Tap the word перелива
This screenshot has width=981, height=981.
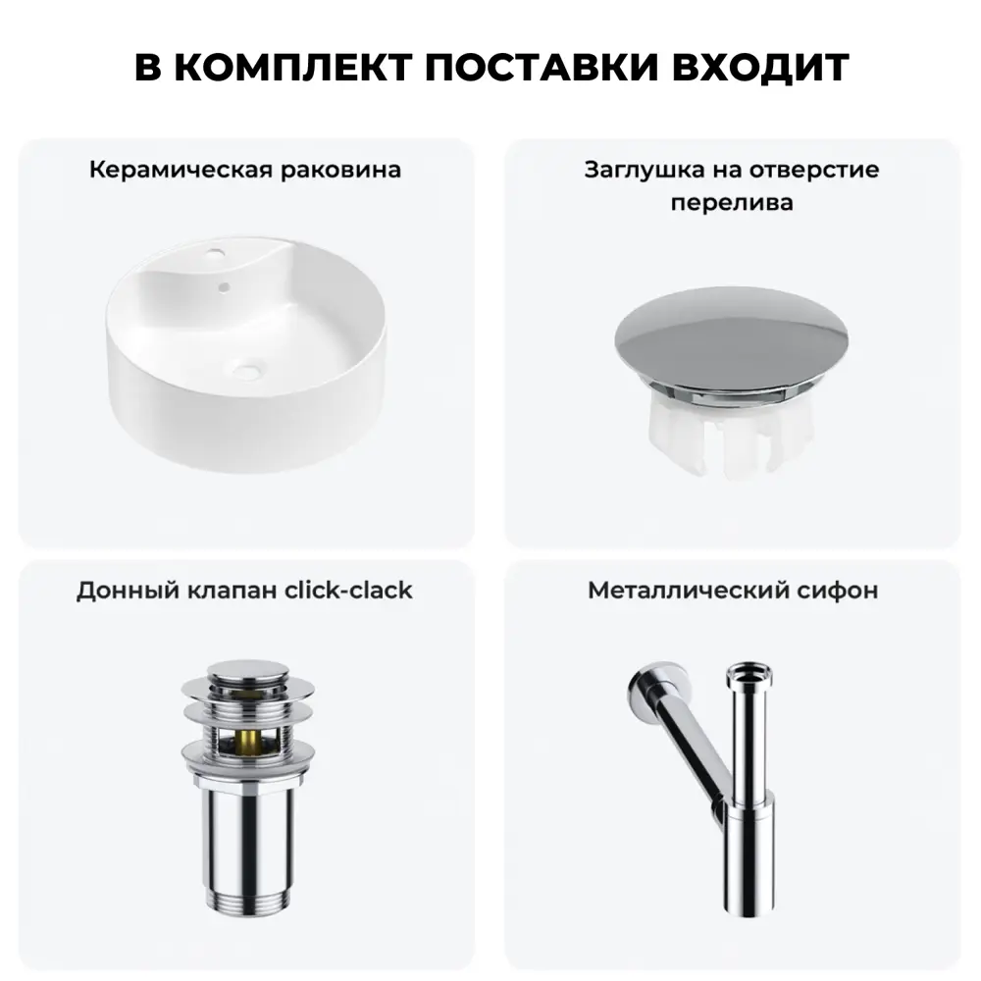pyautogui.click(x=732, y=203)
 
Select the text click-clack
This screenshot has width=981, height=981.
pyautogui.click(x=347, y=591)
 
